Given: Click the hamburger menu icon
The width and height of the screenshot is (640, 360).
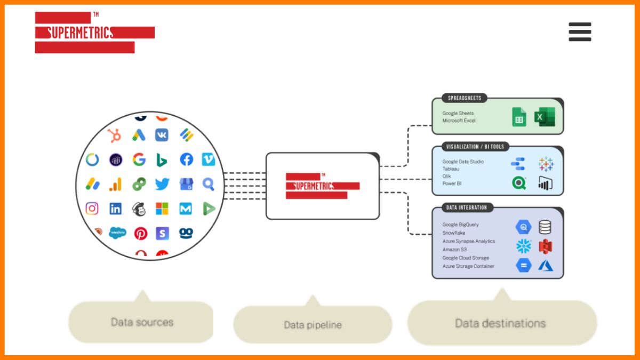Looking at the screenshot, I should point(580,32).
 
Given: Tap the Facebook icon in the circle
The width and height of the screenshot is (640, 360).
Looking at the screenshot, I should point(186,159).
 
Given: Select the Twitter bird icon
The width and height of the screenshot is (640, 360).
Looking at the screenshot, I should point(162,185).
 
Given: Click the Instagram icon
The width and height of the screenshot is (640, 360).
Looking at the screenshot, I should point(92,209).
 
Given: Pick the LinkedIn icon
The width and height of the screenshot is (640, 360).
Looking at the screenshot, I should point(115,209).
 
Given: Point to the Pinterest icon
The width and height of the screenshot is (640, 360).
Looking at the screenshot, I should point(140,233).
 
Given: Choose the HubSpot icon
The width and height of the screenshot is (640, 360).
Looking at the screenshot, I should point(114,135).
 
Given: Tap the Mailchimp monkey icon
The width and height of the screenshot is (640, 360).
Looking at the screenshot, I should point(139,209).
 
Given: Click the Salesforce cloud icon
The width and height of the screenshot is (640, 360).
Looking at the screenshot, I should point(117,233).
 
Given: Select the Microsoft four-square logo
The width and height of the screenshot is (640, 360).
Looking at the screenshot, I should point(162,209).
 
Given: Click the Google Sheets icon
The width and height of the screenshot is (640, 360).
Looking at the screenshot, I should point(519,117).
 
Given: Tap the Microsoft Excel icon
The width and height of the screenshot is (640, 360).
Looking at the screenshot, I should point(545,117).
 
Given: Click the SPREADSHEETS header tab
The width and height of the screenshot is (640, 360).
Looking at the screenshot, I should point(464,98).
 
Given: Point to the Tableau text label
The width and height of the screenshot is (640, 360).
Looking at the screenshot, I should point(451,169).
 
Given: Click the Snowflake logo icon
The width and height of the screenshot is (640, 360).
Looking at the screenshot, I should point(524,246).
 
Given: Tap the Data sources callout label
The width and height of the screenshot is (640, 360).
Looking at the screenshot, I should point(142,322).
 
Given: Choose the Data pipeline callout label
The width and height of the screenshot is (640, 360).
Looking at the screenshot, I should point(313,325).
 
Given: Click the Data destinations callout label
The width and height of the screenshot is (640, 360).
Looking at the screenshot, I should point(500,323).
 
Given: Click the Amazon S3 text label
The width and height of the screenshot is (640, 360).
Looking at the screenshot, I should point(454,250).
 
